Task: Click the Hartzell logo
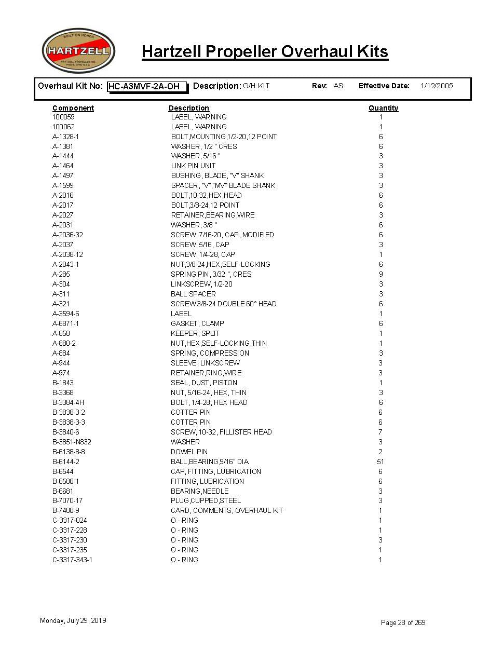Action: pos(78,51)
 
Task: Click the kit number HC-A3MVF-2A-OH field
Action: pos(147,86)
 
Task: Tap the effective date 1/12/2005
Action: pos(437,86)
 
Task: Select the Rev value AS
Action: pos(338,86)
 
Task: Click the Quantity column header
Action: pos(383,108)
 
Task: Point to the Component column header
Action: pos(73,108)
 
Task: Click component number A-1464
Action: pos(63,166)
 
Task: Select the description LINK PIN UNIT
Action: pos(193,166)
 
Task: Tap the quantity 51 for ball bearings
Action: pos(380,462)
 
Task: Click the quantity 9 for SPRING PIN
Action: pos(380,274)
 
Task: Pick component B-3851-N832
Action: pos(72,442)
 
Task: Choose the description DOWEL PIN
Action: pos(189,452)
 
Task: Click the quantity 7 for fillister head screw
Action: pos(380,432)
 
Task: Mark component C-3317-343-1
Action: pos(72,560)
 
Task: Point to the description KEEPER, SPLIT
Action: pos(195,333)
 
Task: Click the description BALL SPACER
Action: pos(193,294)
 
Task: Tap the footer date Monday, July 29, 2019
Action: pos(73,620)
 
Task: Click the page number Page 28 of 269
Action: pos(403,622)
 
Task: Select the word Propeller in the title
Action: pos(241,52)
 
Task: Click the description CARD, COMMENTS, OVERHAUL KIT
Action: pos(227,510)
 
